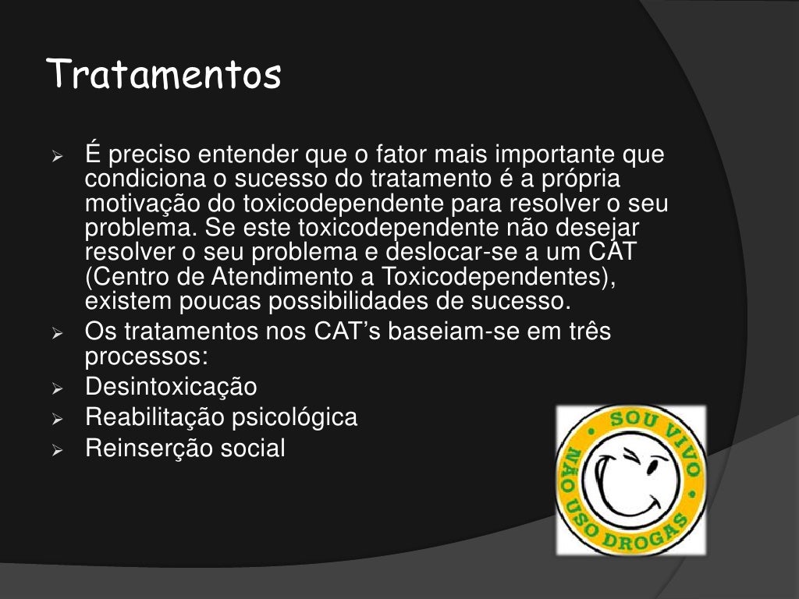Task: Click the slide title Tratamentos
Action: pos(163,76)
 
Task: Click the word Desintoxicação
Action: pos(171,386)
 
